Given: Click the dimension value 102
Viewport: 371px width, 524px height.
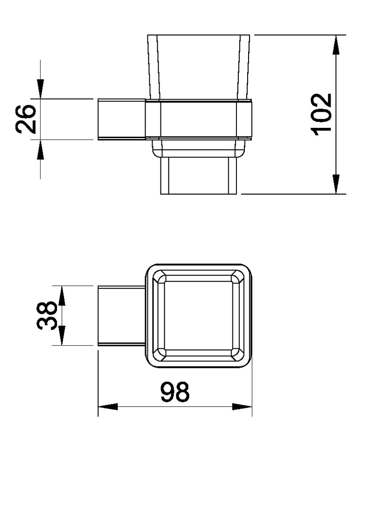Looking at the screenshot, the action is pos(322,114).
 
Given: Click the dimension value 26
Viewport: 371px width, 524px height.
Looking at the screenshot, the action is pos(26,120).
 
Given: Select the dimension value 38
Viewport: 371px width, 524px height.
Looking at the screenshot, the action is pos(47,315).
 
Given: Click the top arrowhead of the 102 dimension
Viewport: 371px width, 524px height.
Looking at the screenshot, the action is pos(336,45).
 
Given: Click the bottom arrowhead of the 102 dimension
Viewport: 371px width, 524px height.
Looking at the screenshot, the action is pos(336,184).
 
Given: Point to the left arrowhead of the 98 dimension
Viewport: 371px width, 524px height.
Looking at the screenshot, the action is pos(108,407).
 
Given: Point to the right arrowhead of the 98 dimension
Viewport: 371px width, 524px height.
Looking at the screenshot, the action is pos(242,407).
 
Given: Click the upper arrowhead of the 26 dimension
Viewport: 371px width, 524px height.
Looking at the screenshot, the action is pos(40,89).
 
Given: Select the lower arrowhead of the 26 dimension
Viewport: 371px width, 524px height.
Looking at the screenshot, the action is pos(40,149).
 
